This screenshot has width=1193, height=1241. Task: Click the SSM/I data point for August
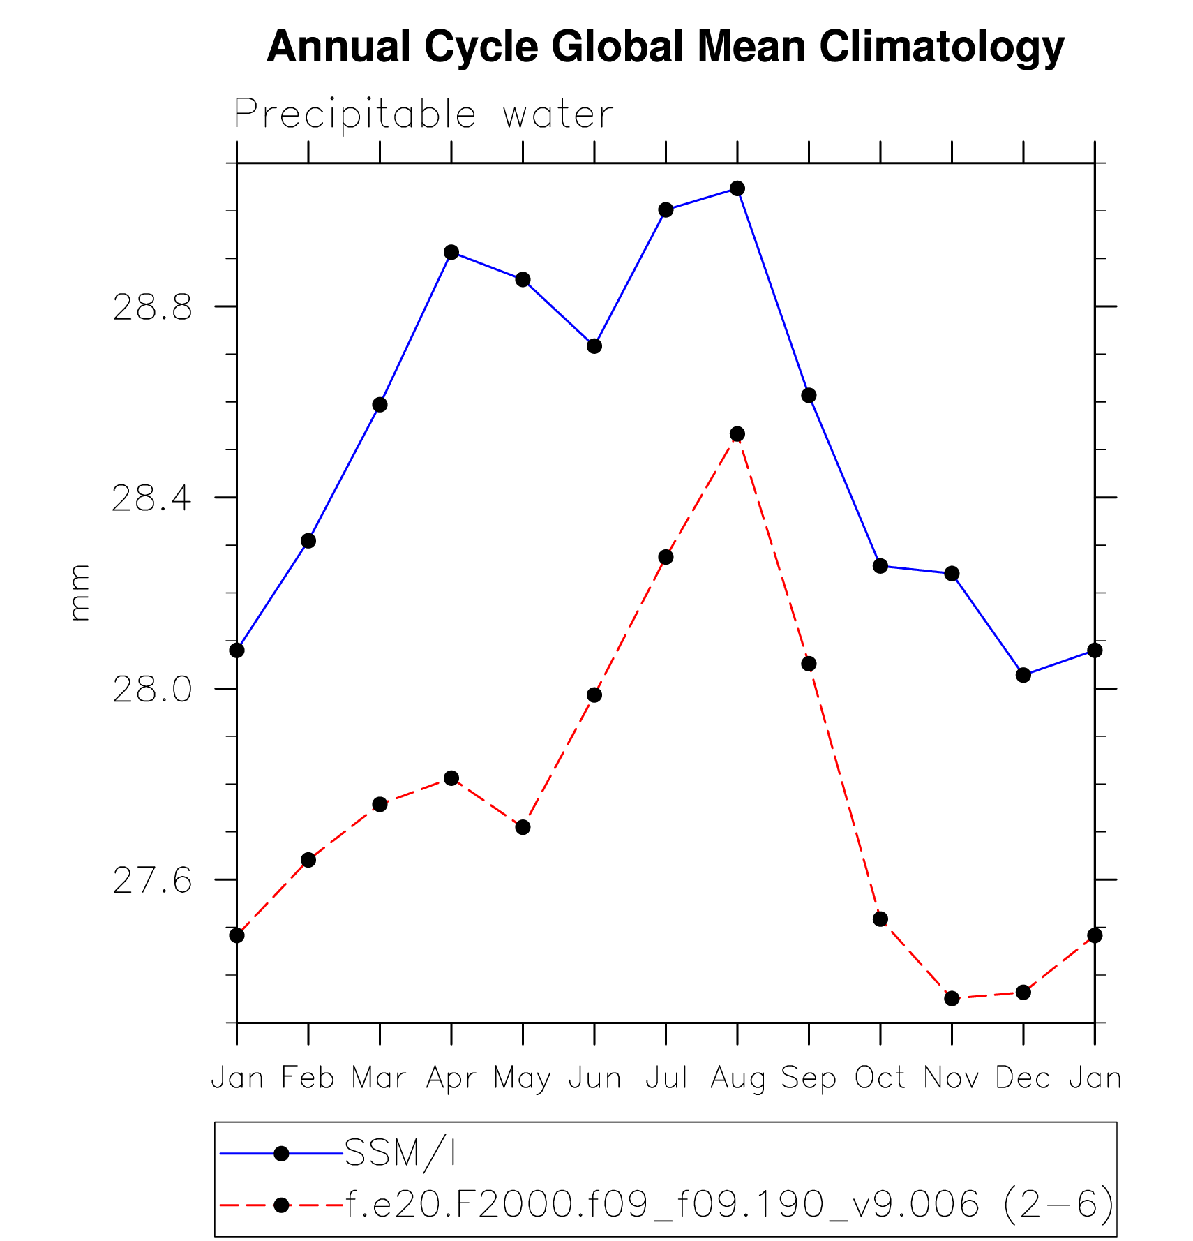(x=737, y=188)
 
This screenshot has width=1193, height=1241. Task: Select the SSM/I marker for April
(x=451, y=252)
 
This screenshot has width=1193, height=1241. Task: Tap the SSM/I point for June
(x=594, y=345)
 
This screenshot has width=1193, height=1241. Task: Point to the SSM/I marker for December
(x=1023, y=675)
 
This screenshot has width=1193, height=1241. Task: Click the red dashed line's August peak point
(x=737, y=434)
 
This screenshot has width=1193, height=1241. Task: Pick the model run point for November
(x=952, y=998)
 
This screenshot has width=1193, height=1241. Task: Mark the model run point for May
(x=523, y=827)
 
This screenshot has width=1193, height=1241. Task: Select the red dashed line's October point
(x=880, y=919)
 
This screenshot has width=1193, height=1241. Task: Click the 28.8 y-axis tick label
(x=151, y=307)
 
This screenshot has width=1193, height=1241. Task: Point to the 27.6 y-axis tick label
(x=151, y=881)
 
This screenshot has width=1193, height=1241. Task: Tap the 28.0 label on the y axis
(x=151, y=690)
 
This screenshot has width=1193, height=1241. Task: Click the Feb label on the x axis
(x=308, y=1078)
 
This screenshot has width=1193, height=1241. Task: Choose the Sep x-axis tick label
(x=809, y=1078)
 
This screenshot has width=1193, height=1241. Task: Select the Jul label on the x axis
(x=666, y=1078)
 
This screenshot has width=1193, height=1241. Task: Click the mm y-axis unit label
(x=80, y=593)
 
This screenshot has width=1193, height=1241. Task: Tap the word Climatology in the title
(x=941, y=47)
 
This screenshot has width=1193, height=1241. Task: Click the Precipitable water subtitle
(x=423, y=114)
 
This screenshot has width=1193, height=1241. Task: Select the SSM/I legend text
(x=400, y=1153)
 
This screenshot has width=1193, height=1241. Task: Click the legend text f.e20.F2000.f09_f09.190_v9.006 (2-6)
(x=730, y=1205)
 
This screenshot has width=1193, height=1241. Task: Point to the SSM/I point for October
(x=880, y=566)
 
